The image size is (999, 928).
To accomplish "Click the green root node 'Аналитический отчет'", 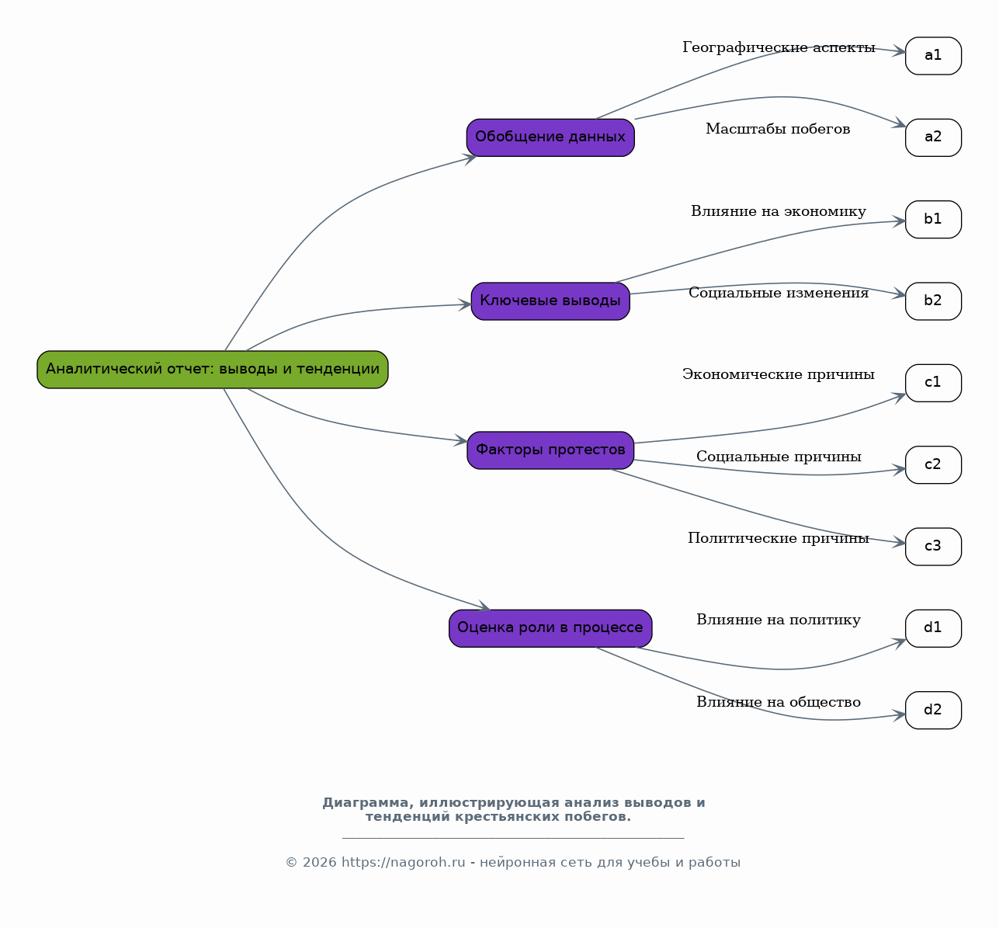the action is pyautogui.click(x=212, y=370).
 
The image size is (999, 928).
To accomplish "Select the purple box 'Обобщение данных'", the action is pyautogui.click(x=550, y=137).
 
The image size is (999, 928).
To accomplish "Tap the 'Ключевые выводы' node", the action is pyautogui.click(x=550, y=301).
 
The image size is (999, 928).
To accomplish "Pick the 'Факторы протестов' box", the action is pyautogui.click(x=550, y=450).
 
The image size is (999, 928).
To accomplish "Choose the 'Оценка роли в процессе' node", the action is pyautogui.click(x=550, y=628).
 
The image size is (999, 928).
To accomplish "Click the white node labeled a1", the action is pyautogui.click(x=933, y=55).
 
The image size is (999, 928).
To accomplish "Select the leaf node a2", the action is pyautogui.click(x=933, y=137).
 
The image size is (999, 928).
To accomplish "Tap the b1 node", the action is pyautogui.click(x=933, y=219).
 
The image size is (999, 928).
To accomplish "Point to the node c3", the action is pyautogui.click(x=933, y=546).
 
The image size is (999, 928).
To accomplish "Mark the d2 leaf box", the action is pyautogui.click(x=933, y=710).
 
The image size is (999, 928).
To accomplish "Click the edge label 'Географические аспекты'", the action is pyautogui.click(x=779, y=47).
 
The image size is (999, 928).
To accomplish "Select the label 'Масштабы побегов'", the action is pyautogui.click(x=778, y=129).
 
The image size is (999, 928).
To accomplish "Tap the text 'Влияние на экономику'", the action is pyautogui.click(x=779, y=211).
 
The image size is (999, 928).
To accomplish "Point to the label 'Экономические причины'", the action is pyautogui.click(x=779, y=374).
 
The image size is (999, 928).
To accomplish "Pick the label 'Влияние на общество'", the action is pyautogui.click(x=779, y=701).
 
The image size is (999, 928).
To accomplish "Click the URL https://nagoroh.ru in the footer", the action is pyautogui.click(x=404, y=862).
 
